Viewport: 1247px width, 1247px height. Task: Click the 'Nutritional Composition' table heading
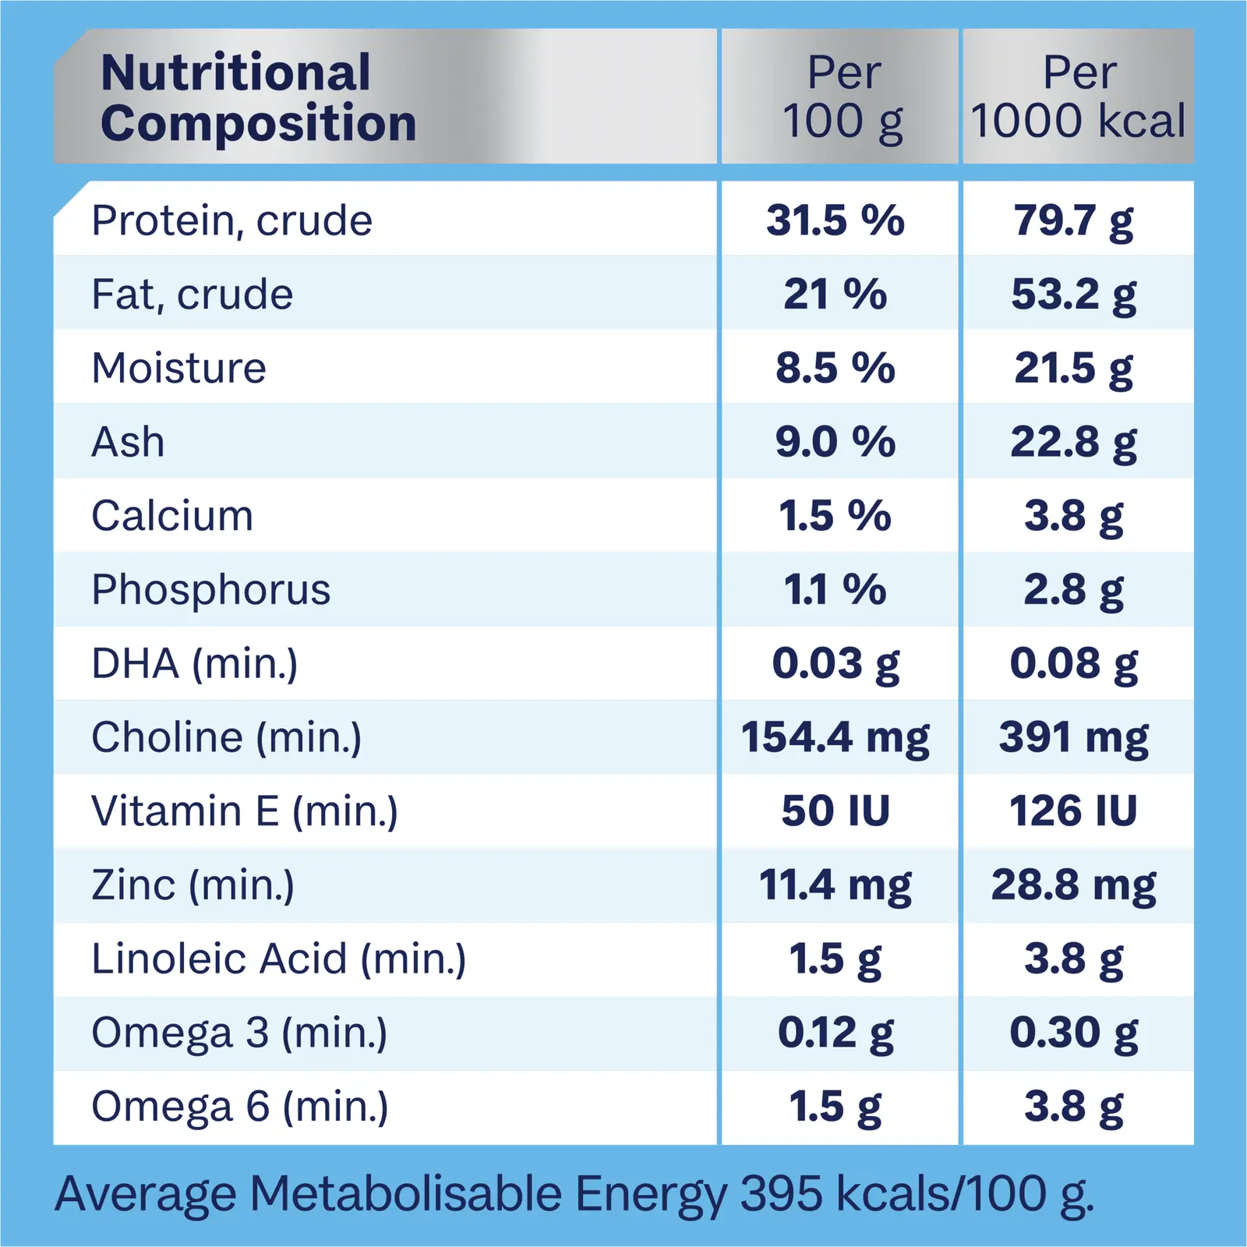tap(258, 97)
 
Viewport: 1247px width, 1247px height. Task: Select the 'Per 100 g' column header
tap(843, 97)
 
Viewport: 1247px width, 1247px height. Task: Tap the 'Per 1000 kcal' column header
tap(1079, 97)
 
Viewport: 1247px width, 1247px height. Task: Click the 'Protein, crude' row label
tap(231, 221)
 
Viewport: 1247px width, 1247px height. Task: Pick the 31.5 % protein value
tap(835, 221)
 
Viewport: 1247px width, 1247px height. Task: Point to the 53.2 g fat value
tap(1074, 295)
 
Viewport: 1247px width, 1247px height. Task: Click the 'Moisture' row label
tap(178, 368)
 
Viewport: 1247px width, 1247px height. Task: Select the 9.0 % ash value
tap(835, 442)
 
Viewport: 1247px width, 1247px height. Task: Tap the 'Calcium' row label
tap(172, 516)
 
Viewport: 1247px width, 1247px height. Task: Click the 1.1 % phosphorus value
tap(835, 590)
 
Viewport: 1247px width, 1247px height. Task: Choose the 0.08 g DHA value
tap(1074, 664)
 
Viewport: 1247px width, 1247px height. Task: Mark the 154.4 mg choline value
tap(835, 737)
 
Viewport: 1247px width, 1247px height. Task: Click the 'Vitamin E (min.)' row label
tap(245, 811)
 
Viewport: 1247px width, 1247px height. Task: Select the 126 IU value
tap(1073, 811)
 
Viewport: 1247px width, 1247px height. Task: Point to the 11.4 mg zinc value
tap(835, 885)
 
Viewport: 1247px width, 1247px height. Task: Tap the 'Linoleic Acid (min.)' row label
tap(278, 959)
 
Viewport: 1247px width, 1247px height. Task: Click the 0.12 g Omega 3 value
tap(835, 1033)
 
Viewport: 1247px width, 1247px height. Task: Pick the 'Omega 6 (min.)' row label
tap(239, 1107)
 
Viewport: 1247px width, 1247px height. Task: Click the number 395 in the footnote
tap(781, 1193)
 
